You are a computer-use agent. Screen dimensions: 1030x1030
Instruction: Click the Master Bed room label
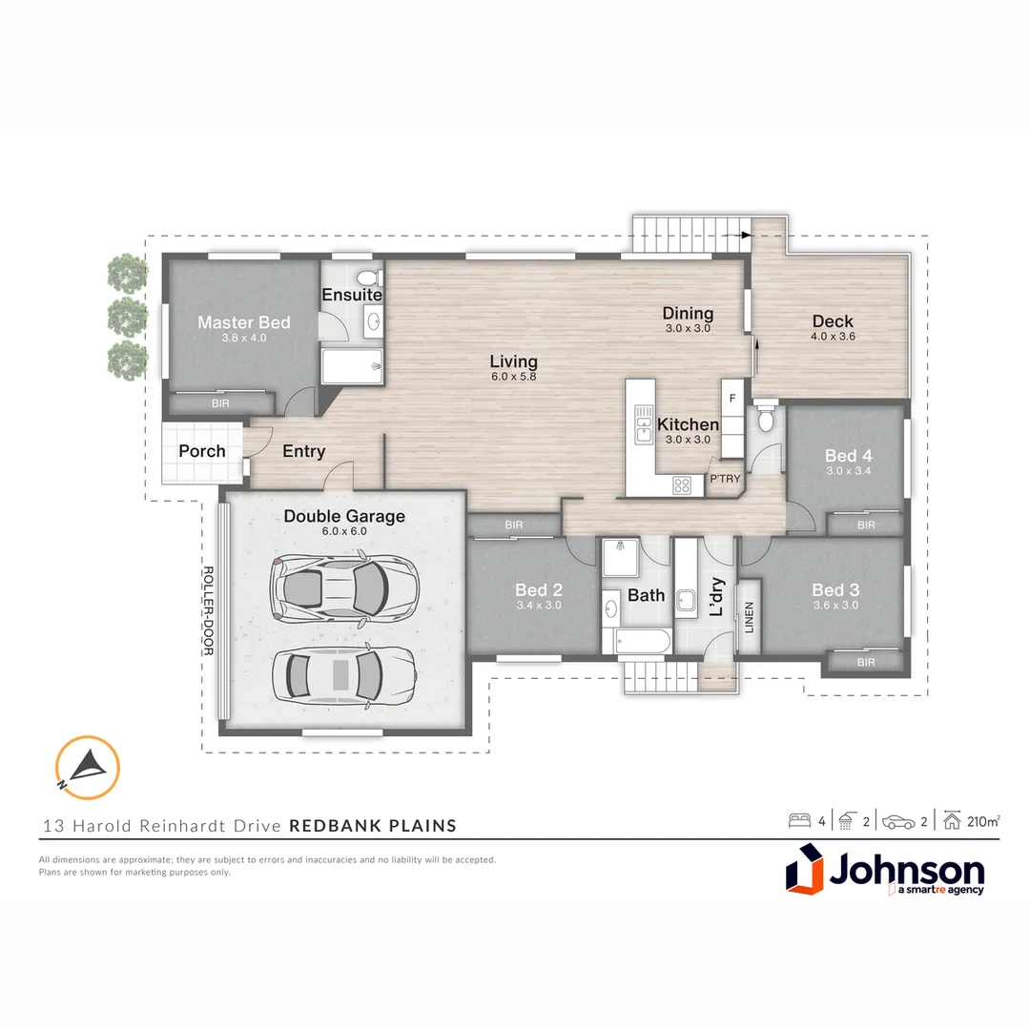[243, 322]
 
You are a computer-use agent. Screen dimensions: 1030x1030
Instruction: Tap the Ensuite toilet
[376, 278]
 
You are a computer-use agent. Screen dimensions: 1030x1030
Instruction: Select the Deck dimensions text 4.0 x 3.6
[833, 337]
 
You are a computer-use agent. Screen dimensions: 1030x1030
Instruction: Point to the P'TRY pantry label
[724, 480]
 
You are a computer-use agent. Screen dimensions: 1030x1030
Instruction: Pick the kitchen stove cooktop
[682, 484]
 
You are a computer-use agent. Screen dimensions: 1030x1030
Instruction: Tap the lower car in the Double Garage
[343, 675]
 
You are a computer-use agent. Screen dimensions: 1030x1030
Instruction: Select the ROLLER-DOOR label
[208, 611]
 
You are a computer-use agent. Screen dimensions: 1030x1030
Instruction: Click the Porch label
[202, 451]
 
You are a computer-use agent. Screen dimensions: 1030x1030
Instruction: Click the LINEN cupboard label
[749, 617]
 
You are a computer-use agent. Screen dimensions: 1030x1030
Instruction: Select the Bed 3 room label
[835, 589]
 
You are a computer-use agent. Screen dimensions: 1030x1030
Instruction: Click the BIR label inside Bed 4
[866, 525]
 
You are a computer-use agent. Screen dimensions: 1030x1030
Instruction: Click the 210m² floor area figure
[983, 820]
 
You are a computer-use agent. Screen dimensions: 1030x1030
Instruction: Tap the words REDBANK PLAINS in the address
[372, 825]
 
